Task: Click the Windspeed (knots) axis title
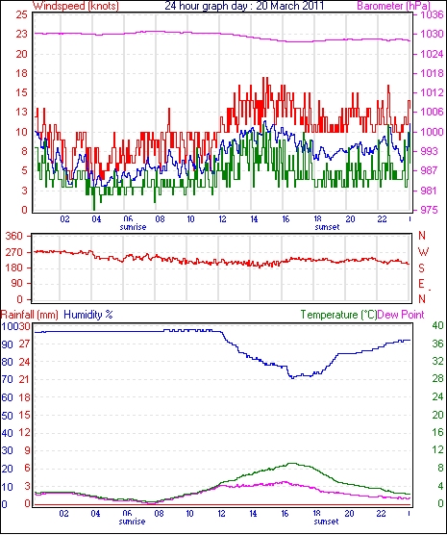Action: click(x=76, y=6)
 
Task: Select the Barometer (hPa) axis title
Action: click(x=393, y=6)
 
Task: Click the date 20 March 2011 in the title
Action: click(x=289, y=6)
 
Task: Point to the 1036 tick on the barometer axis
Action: click(x=433, y=14)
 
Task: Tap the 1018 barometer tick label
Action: click(x=433, y=73)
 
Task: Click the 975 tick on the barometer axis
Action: click(x=430, y=210)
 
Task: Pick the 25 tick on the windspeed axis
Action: click(x=21, y=14)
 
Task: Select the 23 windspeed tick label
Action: click(x=21, y=34)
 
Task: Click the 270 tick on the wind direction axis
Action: click(x=15, y=252)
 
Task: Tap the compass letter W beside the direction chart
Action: click(x=423, y=252)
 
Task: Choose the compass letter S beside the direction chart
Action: click(x=422, y=268)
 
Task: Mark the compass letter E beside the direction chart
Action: click(x=422, y=284)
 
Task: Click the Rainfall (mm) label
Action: click(x=30, y=315)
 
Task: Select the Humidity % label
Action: click(x=88, y=315)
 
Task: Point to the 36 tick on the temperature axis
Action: click(x=437, y=344)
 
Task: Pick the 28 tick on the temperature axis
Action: click(x=437, y=379)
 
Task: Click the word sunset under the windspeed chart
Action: click(x=327, y=227)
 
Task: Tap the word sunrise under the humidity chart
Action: click(x=132, y=522)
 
